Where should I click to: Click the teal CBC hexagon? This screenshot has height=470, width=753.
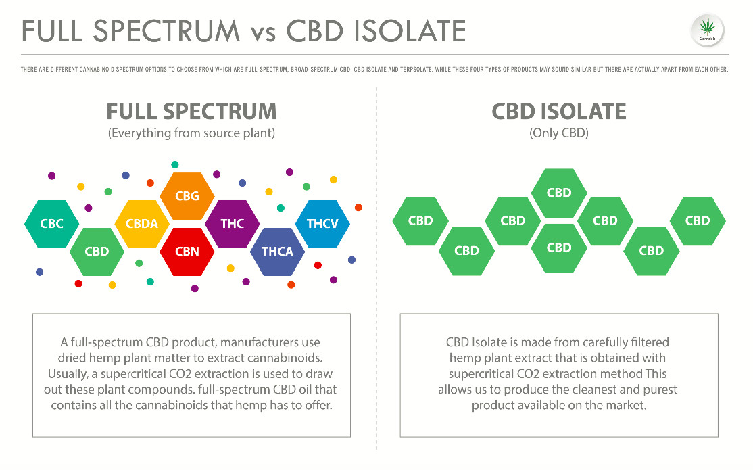[x=51, y=224]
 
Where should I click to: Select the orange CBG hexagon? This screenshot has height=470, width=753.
[x=187, y=196]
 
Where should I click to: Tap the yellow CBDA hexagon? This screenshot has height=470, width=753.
[x=142, y=224]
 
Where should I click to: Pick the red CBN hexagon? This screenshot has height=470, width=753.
[x=187, y=252]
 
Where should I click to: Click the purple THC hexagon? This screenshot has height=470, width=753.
[x=232, y=224]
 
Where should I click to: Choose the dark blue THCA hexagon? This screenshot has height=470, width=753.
[x=277, y=252]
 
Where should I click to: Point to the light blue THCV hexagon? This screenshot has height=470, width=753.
[x=322, y=224]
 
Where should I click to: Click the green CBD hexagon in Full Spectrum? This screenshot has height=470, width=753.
[x=97, y=252]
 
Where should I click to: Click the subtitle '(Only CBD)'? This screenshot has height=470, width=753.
[x=558, y=133]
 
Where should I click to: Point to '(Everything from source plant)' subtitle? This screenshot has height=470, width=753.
[x=191, y=133]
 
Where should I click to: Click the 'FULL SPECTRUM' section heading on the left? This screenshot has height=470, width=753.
[x=191, y=112]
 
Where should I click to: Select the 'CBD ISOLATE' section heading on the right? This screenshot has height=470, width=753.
[x=558, y=112]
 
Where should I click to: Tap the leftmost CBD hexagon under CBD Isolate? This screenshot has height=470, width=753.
[x=420, y=220]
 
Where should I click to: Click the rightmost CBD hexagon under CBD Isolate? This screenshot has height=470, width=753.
[x=698, y=220]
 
